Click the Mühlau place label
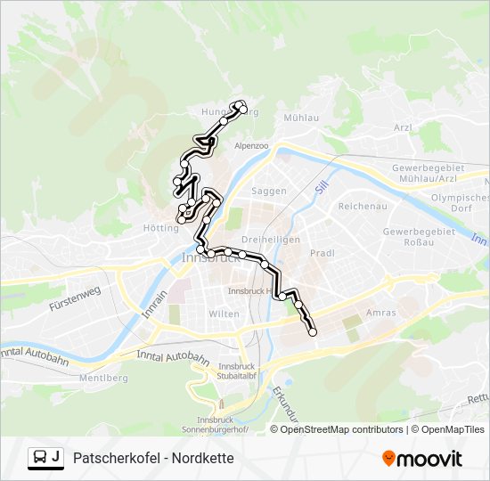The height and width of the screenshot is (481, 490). pos(300,117)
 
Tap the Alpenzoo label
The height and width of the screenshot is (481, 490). pos(251,145)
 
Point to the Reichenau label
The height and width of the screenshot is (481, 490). pos(361,206)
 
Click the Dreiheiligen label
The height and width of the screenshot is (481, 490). pos(271,240)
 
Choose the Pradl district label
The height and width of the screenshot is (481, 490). pos(322,253)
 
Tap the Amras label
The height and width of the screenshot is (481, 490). pos(380,313)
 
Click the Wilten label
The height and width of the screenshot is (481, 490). pos(225,314)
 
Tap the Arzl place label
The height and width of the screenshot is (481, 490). pos(403,127)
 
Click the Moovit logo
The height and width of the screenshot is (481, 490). pos(422,459)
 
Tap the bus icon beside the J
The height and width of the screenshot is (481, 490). pos(40,458)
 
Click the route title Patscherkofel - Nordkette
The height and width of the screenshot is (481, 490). pos(153,458)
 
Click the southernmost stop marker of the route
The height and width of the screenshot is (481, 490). pos(313,332)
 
